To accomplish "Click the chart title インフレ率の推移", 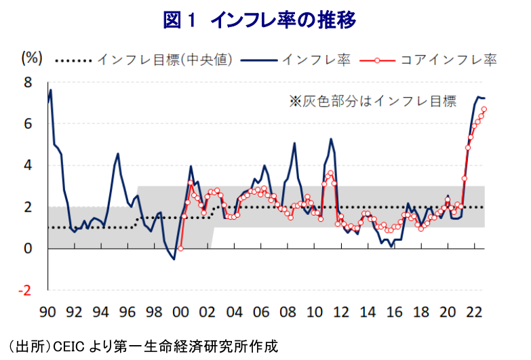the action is coord(283,20).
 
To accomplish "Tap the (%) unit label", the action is coord(32,58).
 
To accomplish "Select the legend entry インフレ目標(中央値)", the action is coord(165,60).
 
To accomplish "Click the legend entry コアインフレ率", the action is coord(448,60).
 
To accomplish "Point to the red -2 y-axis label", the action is coord(24,290).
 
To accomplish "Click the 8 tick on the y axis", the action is coord(28,82).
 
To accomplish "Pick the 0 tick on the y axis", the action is coord(28,249).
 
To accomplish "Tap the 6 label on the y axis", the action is coord(28,124).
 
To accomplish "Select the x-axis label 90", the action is coord(47,312).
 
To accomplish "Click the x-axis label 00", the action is coord(180,312).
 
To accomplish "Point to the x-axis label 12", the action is coord(341,312).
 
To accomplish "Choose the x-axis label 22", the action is coord(474,312).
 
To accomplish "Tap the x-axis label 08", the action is coord(288,312).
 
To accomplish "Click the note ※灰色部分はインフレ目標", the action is coord(373,101).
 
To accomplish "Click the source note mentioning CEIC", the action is coord(142,346).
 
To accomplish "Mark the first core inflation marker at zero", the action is coord(180,249).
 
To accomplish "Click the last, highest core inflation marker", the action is coord(484,109).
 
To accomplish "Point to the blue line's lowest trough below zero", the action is coord(174,260).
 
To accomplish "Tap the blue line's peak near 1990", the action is coord(51,89).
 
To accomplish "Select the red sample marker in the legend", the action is coord(377,60).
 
